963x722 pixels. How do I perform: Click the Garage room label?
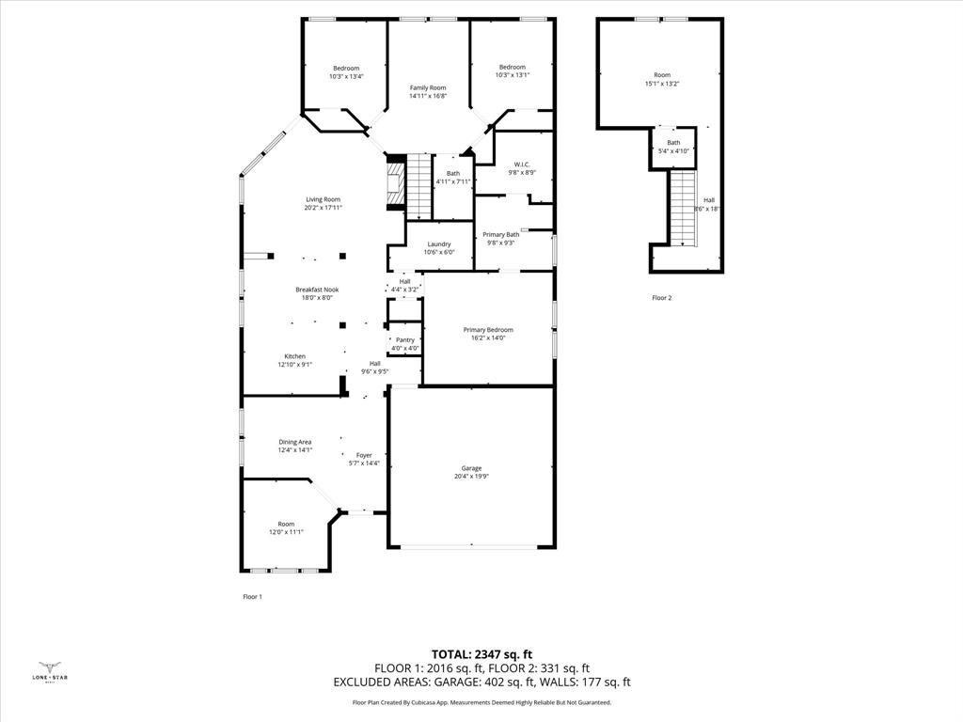(471, 468)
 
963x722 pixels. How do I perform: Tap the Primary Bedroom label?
(488, 330)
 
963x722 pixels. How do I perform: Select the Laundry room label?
(439, 244)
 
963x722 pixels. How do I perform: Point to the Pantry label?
(405, 340)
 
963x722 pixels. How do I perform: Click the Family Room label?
(427, 87)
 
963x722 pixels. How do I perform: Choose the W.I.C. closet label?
(522, 165)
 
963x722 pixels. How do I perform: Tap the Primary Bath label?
(500, 235)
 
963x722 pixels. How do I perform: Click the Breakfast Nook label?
(317, 290)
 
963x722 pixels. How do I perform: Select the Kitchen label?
(295, 356)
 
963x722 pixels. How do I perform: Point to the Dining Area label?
(294, 442)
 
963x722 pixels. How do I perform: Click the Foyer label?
(364, 455)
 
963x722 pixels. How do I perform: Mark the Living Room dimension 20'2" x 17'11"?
(323, 208)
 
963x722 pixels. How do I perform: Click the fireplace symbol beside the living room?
(396, 182)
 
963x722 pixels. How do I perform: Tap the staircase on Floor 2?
(683, 208)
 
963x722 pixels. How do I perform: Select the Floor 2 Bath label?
(673, 143)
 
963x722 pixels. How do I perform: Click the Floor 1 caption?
(252, 597)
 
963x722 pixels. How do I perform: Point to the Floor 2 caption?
(662, 298)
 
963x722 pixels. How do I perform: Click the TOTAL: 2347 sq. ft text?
(481, 654)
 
